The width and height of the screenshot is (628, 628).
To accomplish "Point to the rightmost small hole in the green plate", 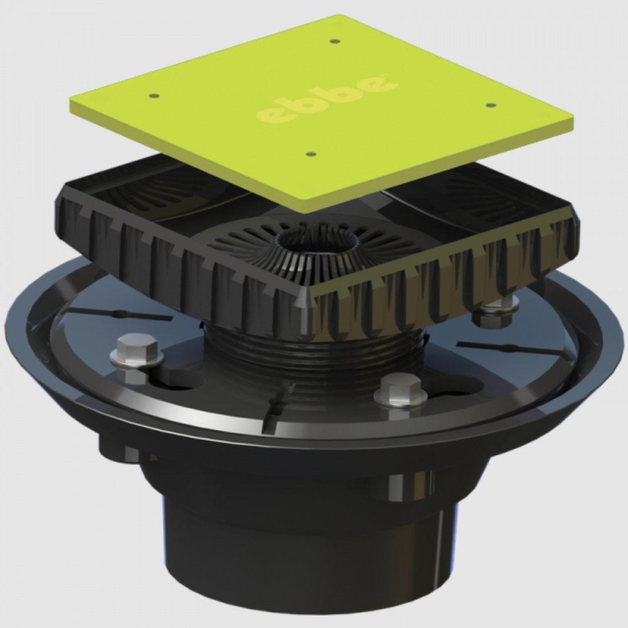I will click(x=492, y=106).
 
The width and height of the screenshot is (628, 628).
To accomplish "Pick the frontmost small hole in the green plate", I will click(x=310, y=153).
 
